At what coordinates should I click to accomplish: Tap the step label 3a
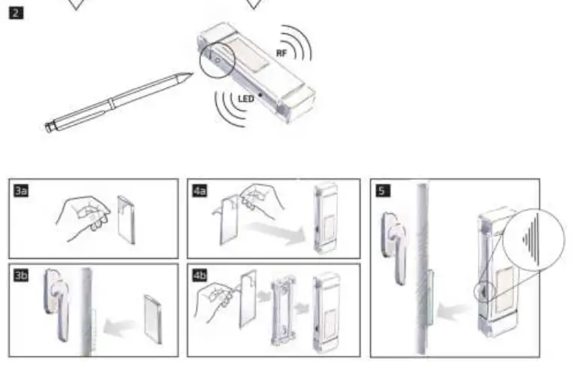pyautogui.click(x=21, y=191)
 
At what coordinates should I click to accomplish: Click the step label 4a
pyautogui.click(x=199, y=191)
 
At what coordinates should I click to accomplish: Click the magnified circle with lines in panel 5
pyautogui.click(x=536, y=242)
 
